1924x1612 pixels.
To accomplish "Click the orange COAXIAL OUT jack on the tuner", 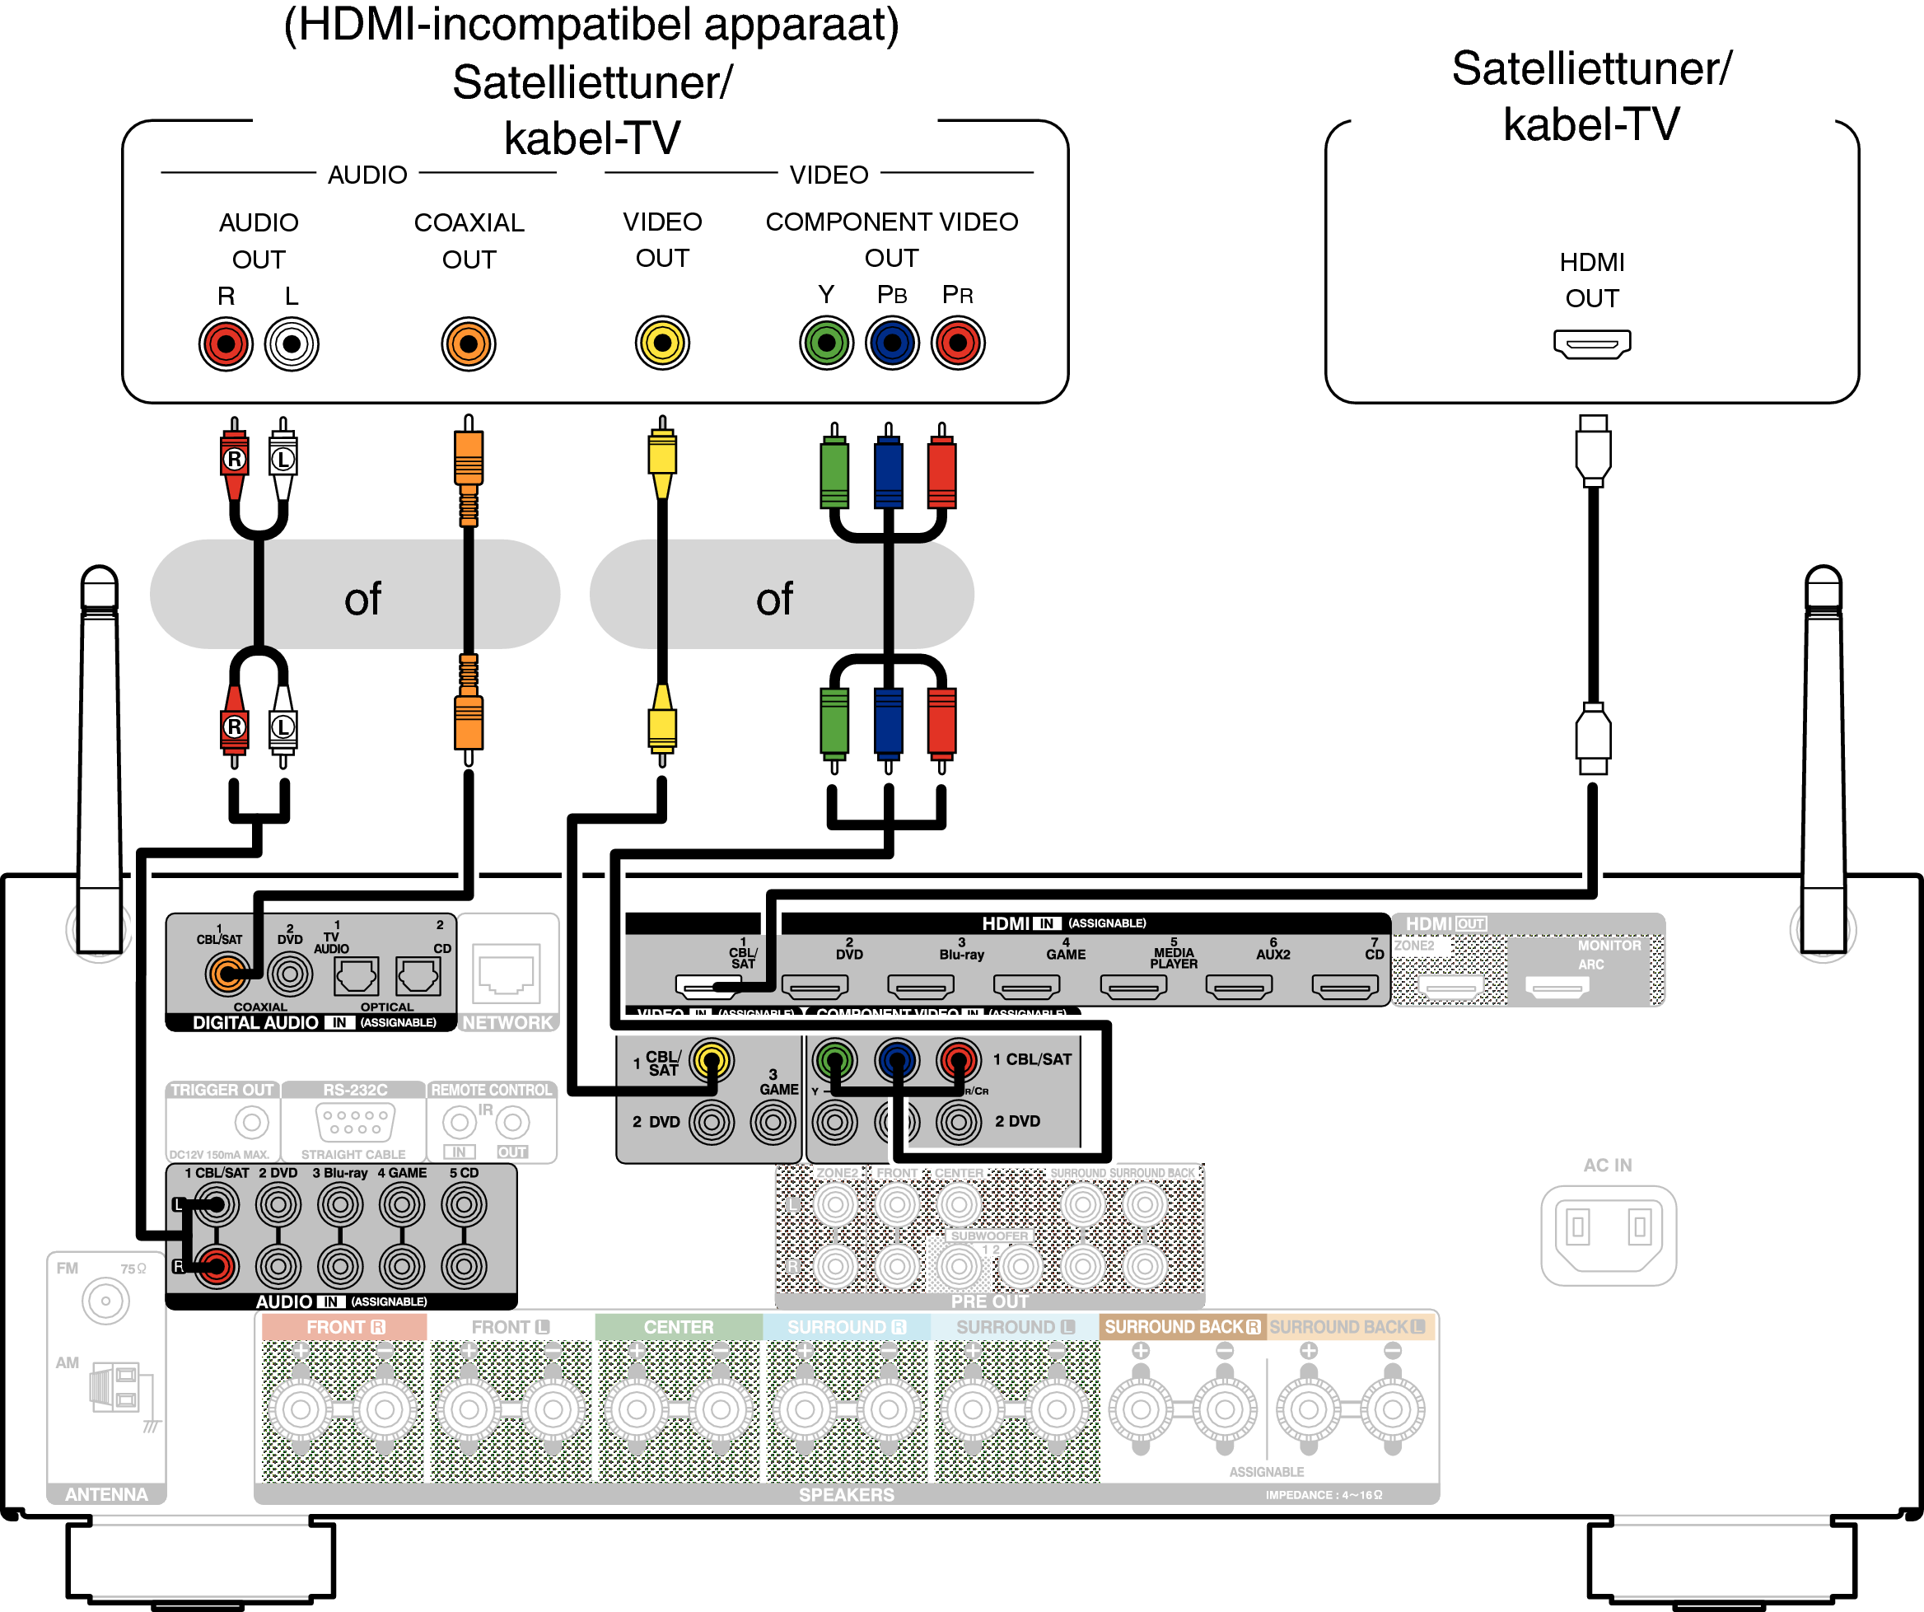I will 468,344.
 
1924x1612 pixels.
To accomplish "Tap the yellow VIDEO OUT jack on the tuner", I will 661,343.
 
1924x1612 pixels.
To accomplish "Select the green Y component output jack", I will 825,343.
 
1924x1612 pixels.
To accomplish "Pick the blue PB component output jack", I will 891,343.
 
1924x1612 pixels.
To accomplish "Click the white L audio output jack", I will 292,344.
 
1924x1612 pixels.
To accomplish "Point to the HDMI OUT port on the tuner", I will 1591,344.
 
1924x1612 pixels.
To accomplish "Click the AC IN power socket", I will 1608,1234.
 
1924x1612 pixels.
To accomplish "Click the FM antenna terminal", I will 105,1301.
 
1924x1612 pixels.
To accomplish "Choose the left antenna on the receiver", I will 99,760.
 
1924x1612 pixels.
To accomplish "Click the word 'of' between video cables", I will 774,600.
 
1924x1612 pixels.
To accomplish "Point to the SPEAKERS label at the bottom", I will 846,1495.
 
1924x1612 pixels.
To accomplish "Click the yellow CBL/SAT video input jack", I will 711,1060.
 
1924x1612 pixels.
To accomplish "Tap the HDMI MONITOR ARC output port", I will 1557,987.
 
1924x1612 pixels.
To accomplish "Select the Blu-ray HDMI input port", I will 921,987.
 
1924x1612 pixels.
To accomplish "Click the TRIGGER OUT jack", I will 251,1122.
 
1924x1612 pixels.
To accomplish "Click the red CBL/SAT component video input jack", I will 957,1060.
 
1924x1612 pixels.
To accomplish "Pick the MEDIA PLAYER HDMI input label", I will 1173,958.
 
